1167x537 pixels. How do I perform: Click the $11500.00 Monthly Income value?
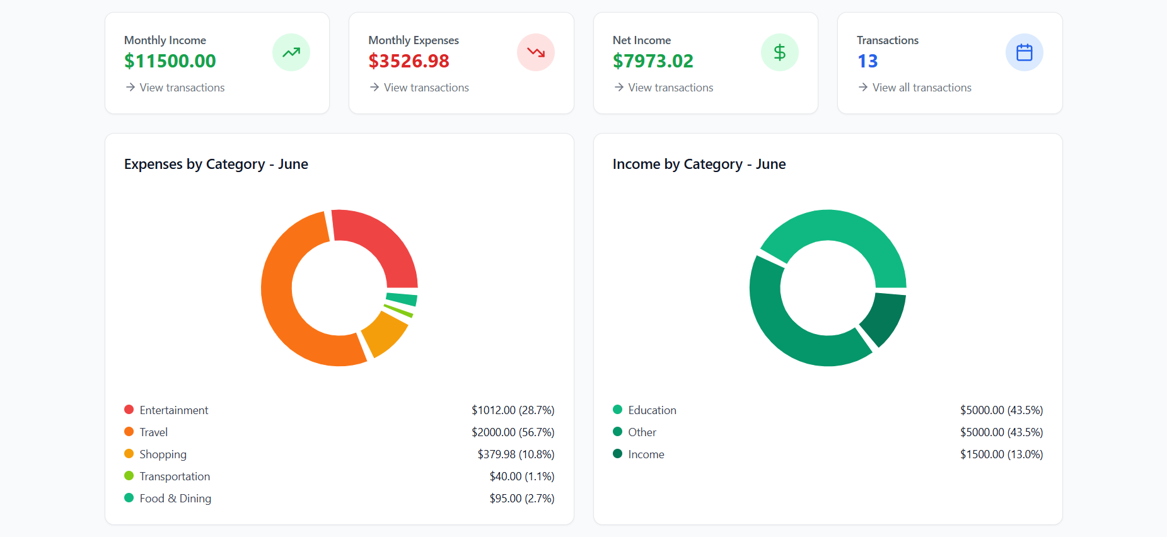(170, 61)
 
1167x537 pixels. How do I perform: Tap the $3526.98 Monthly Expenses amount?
(409, 61)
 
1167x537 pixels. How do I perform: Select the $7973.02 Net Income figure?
(653, 61)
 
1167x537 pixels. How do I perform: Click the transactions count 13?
(868, 61)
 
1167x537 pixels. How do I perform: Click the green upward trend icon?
(291, 52)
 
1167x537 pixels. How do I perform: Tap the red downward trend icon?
(536, 52)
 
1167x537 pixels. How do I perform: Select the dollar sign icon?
(780, 52)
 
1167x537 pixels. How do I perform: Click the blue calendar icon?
(1025, 52)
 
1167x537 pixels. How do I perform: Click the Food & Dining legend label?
(175, 499)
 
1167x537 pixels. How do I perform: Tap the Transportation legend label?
(175, 476)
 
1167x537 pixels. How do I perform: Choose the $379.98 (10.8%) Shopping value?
(516, 454)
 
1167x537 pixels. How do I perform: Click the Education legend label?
(652, 410)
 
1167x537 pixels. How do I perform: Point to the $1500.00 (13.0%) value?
(1001, 454)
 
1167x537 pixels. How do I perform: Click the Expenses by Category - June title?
(216, 165)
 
